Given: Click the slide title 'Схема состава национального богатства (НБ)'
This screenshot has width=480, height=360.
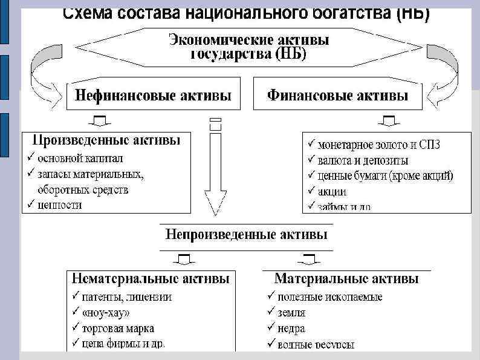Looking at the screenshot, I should click(x=247, y=13).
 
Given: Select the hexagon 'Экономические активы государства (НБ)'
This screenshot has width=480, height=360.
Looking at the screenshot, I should click(x=248, y=47).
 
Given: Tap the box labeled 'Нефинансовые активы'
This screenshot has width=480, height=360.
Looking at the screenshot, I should click(x=153, y=95).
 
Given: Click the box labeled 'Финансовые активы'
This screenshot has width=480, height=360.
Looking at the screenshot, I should click(x=337, y=95).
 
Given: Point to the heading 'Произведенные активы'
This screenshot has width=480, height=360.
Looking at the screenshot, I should click(x=106, y=141).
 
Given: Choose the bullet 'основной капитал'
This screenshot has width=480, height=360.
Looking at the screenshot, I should click(x=80, y=158).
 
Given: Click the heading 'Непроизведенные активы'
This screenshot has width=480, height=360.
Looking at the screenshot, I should click(x=247, y=234).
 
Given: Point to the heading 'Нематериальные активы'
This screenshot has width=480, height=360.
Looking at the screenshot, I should click(x=151, y=280).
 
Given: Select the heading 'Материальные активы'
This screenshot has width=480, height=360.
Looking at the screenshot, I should click(x=346, y=279).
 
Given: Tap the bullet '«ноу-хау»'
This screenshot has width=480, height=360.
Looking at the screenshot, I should click(x=105, y=313).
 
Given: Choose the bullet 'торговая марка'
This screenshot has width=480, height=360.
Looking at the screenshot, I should click(x=118, y=329).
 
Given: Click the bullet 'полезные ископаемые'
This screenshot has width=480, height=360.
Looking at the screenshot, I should click(x=329, y=297).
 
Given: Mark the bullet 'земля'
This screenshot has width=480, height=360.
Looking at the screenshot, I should click(x=291, y=313).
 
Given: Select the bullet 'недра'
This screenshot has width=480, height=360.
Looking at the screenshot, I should click(x=291, y=329).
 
